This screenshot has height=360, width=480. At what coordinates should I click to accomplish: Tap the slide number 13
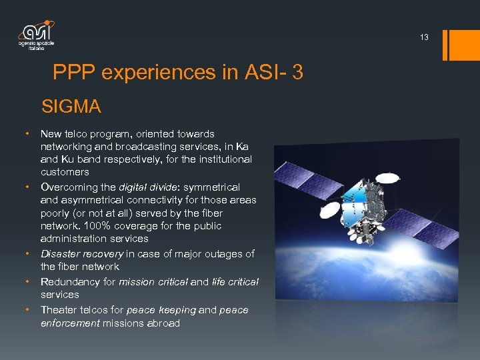424,38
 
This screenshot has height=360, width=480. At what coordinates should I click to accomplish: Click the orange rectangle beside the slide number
461,45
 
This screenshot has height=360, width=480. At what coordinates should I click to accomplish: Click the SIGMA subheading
71,106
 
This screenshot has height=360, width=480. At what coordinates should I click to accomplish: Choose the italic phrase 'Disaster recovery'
81,253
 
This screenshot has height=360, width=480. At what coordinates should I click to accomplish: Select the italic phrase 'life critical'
235,281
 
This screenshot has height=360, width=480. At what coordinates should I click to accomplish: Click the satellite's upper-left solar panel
313,179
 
